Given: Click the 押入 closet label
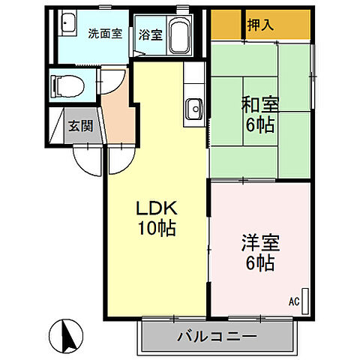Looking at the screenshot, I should click(x=260, y=25).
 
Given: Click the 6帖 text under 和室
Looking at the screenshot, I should click(x=256, y=125).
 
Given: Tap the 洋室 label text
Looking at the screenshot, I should click(x=257, y=242).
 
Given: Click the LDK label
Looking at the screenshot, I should click(x=156, y=208).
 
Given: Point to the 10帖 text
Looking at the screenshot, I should click(x=156, y=228).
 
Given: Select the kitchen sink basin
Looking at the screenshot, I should click(x=195, y=108).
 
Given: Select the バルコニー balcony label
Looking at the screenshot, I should click(x=217, y=335).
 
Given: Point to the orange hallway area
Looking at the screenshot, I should click(x=120, y=112).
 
